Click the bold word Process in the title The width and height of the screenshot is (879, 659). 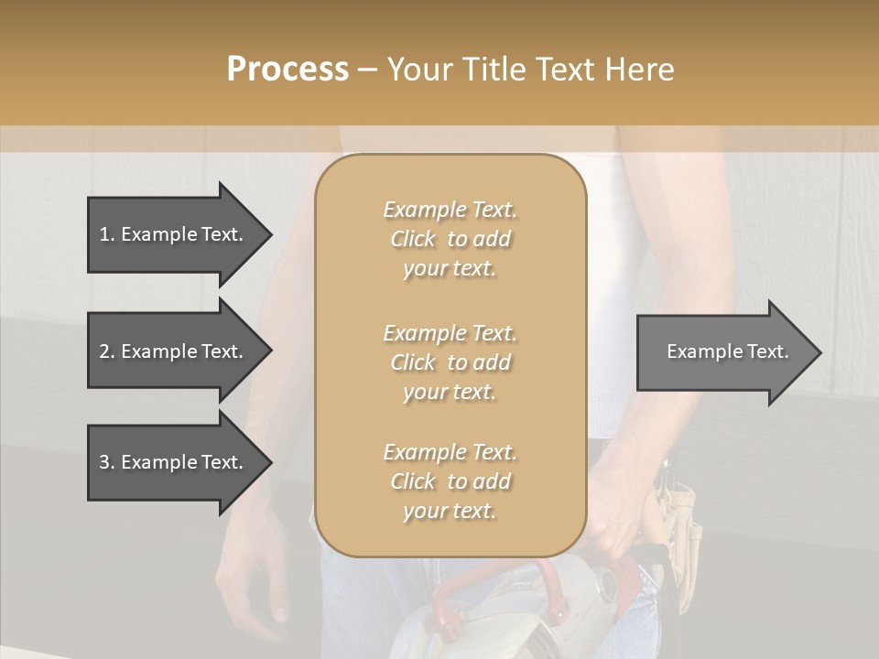click(x=288, y=70)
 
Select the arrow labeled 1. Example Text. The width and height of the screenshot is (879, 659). click(x=174, y=234)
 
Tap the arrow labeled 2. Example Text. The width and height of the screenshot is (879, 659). click(x=174, y=351)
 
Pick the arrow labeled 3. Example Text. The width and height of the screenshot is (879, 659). click(x=174, y=462)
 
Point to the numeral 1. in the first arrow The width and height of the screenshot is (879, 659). click(x=106, y=234)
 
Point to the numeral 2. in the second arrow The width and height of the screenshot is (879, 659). click(x=106, y=351)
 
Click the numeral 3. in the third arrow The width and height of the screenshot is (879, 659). click(x=106, y=462)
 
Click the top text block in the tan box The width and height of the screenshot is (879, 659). click(x=450, y=239)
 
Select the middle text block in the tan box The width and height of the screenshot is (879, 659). click(x=450, y=362)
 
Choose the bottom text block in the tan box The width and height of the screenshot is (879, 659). click(x=450, y=481)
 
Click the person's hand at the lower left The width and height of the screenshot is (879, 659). click(x=252, y=586)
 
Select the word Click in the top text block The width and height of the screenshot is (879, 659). click(x=413, y=239)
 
